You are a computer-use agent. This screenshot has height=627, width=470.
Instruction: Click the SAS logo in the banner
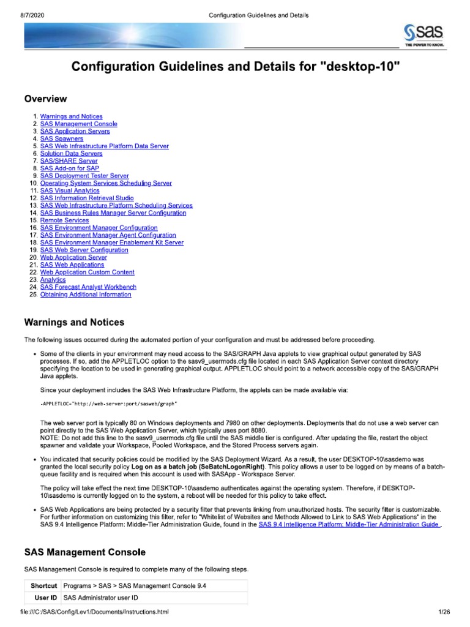(423, 36)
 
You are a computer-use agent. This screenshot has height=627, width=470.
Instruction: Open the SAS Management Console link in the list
(78, 124)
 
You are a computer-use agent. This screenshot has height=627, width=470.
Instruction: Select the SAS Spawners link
(62, 139)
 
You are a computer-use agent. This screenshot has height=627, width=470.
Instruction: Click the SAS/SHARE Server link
(69, 161)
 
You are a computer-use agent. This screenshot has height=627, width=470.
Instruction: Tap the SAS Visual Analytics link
(70, 190)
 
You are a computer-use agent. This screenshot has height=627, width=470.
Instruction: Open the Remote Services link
(64, 220)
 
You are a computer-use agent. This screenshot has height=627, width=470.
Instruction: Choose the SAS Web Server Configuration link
(84, 250)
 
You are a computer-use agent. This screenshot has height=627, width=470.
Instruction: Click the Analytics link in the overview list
(53, 280)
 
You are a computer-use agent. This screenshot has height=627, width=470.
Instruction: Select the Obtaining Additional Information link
(85, 295)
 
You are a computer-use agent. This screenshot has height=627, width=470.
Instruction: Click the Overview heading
(45, 99)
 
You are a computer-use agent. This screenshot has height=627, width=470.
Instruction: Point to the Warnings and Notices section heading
(74, 323)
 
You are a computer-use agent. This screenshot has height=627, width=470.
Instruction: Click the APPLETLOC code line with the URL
(108, 404)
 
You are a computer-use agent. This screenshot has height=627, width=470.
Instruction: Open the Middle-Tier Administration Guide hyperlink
(348, 525)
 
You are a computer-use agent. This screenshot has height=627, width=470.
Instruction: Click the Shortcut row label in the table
(44, 586)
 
